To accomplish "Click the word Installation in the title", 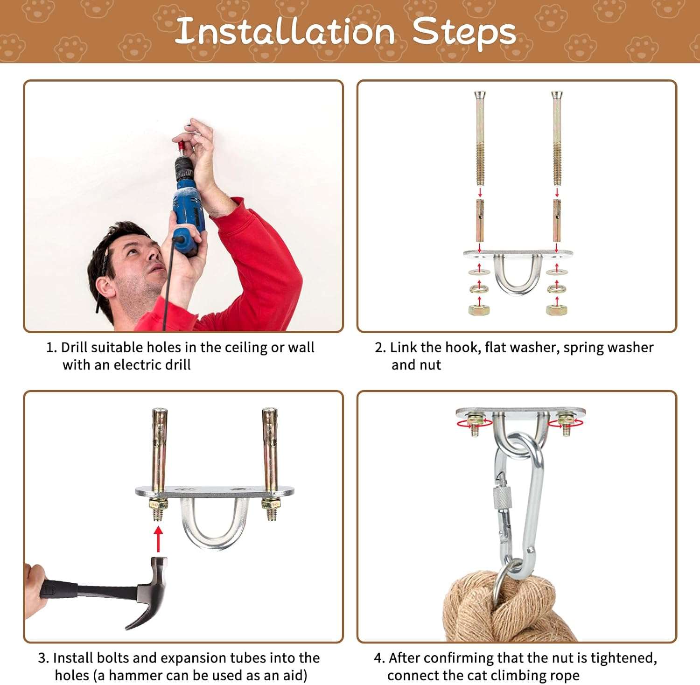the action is point(286,31).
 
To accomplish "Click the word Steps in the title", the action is point(464,33).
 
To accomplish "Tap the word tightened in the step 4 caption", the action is point(623,658).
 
